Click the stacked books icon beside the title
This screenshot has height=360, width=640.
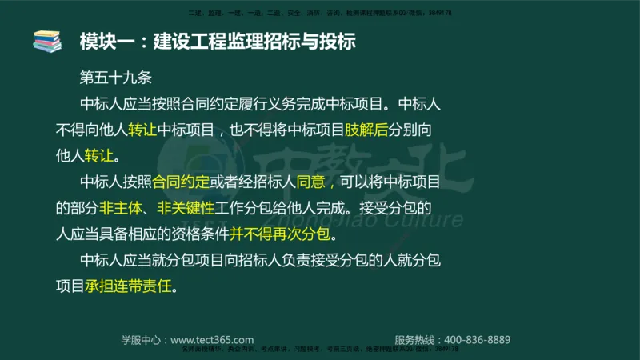point(46,42)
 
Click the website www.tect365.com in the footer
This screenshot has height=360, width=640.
point(212,339)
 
